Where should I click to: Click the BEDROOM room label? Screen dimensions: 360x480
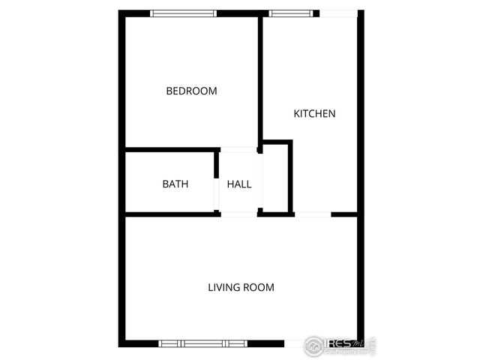pos(191,91)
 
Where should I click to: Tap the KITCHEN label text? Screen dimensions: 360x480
pos(314,114)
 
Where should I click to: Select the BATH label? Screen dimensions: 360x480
pos(175,184)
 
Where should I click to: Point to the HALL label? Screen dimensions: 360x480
pos(239,184)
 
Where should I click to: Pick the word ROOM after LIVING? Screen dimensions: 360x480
pos(259,287)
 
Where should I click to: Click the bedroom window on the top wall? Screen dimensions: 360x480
pos(184,13)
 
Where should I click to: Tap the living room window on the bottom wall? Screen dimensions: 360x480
pos(202,343)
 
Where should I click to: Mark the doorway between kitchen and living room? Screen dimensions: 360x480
pos(312,214)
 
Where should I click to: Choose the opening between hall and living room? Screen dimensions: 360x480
pos(239,214)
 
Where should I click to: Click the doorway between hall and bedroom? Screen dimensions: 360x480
pos(239,148)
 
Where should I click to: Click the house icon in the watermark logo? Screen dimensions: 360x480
pos(315,346)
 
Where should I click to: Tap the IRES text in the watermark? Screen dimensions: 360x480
pos(340,345)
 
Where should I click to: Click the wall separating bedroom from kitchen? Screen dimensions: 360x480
pos(260,79)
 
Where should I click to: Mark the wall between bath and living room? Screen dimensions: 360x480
pos(169,214)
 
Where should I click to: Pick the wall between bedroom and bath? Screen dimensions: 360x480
pos(171,148)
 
